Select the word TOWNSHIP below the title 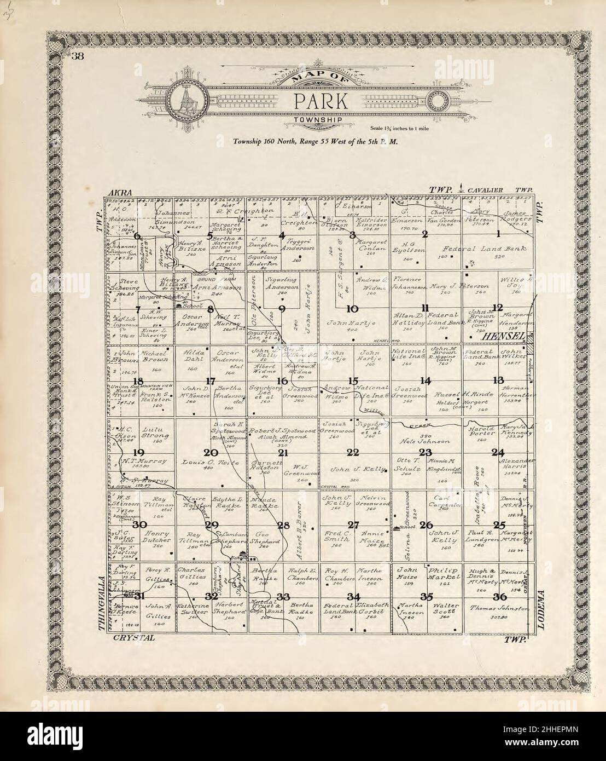point(317,119)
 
